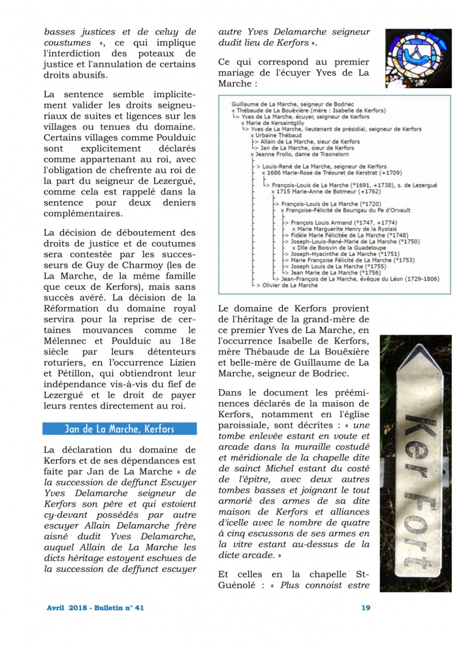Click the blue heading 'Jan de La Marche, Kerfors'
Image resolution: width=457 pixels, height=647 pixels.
click(x=119, y=429)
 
